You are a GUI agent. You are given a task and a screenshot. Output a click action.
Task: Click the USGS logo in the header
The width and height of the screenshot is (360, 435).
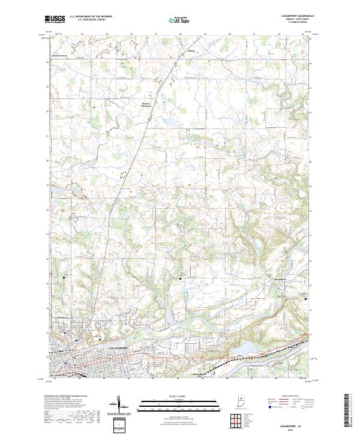[x=56, y=19]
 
